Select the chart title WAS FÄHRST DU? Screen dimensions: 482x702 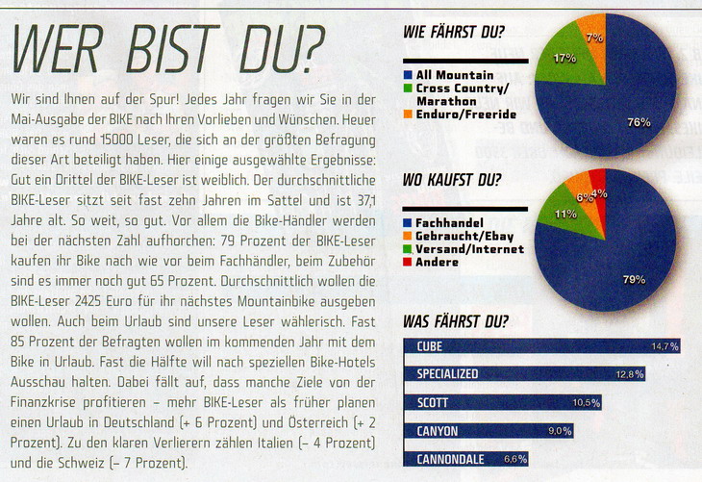456,321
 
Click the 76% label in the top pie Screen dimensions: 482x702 639,122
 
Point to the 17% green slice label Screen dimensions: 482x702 564,59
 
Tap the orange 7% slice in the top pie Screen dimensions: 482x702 593,38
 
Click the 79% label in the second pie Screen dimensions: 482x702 634,279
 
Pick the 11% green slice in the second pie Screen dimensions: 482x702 565,215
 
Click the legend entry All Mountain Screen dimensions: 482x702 455,75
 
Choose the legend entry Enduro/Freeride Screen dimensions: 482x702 466,114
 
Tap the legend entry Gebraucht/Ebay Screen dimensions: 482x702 464,236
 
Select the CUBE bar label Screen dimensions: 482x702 430,346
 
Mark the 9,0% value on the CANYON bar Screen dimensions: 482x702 560,431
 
